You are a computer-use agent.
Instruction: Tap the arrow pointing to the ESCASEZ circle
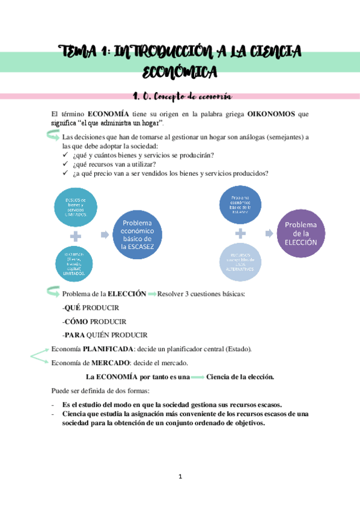(105, 235)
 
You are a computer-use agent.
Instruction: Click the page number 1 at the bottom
(180, 477)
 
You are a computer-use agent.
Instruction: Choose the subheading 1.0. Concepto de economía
(181, 96)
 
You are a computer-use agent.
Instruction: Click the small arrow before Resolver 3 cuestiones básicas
(151, 294)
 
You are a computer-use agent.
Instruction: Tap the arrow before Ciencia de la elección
(197, 377)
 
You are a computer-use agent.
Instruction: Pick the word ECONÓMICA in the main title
(180, 73)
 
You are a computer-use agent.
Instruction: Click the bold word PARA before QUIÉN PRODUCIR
(76, 335)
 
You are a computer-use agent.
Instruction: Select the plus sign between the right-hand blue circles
(240, 233)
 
